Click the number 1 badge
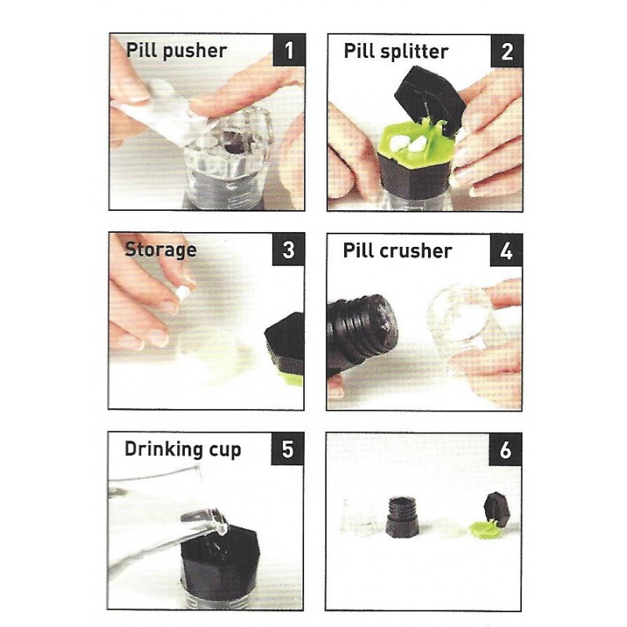[x=288, y=50]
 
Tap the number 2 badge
[x=506, y=51]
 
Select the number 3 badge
[x=288, y=249]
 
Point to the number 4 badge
[x=506, y=251]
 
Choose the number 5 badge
[x=287, y=448]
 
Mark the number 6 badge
[x=505, y=450]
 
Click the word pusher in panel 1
[x=195, y=52]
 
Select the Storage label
[x=161, y=250]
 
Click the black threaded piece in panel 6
[x=402, y=516]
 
